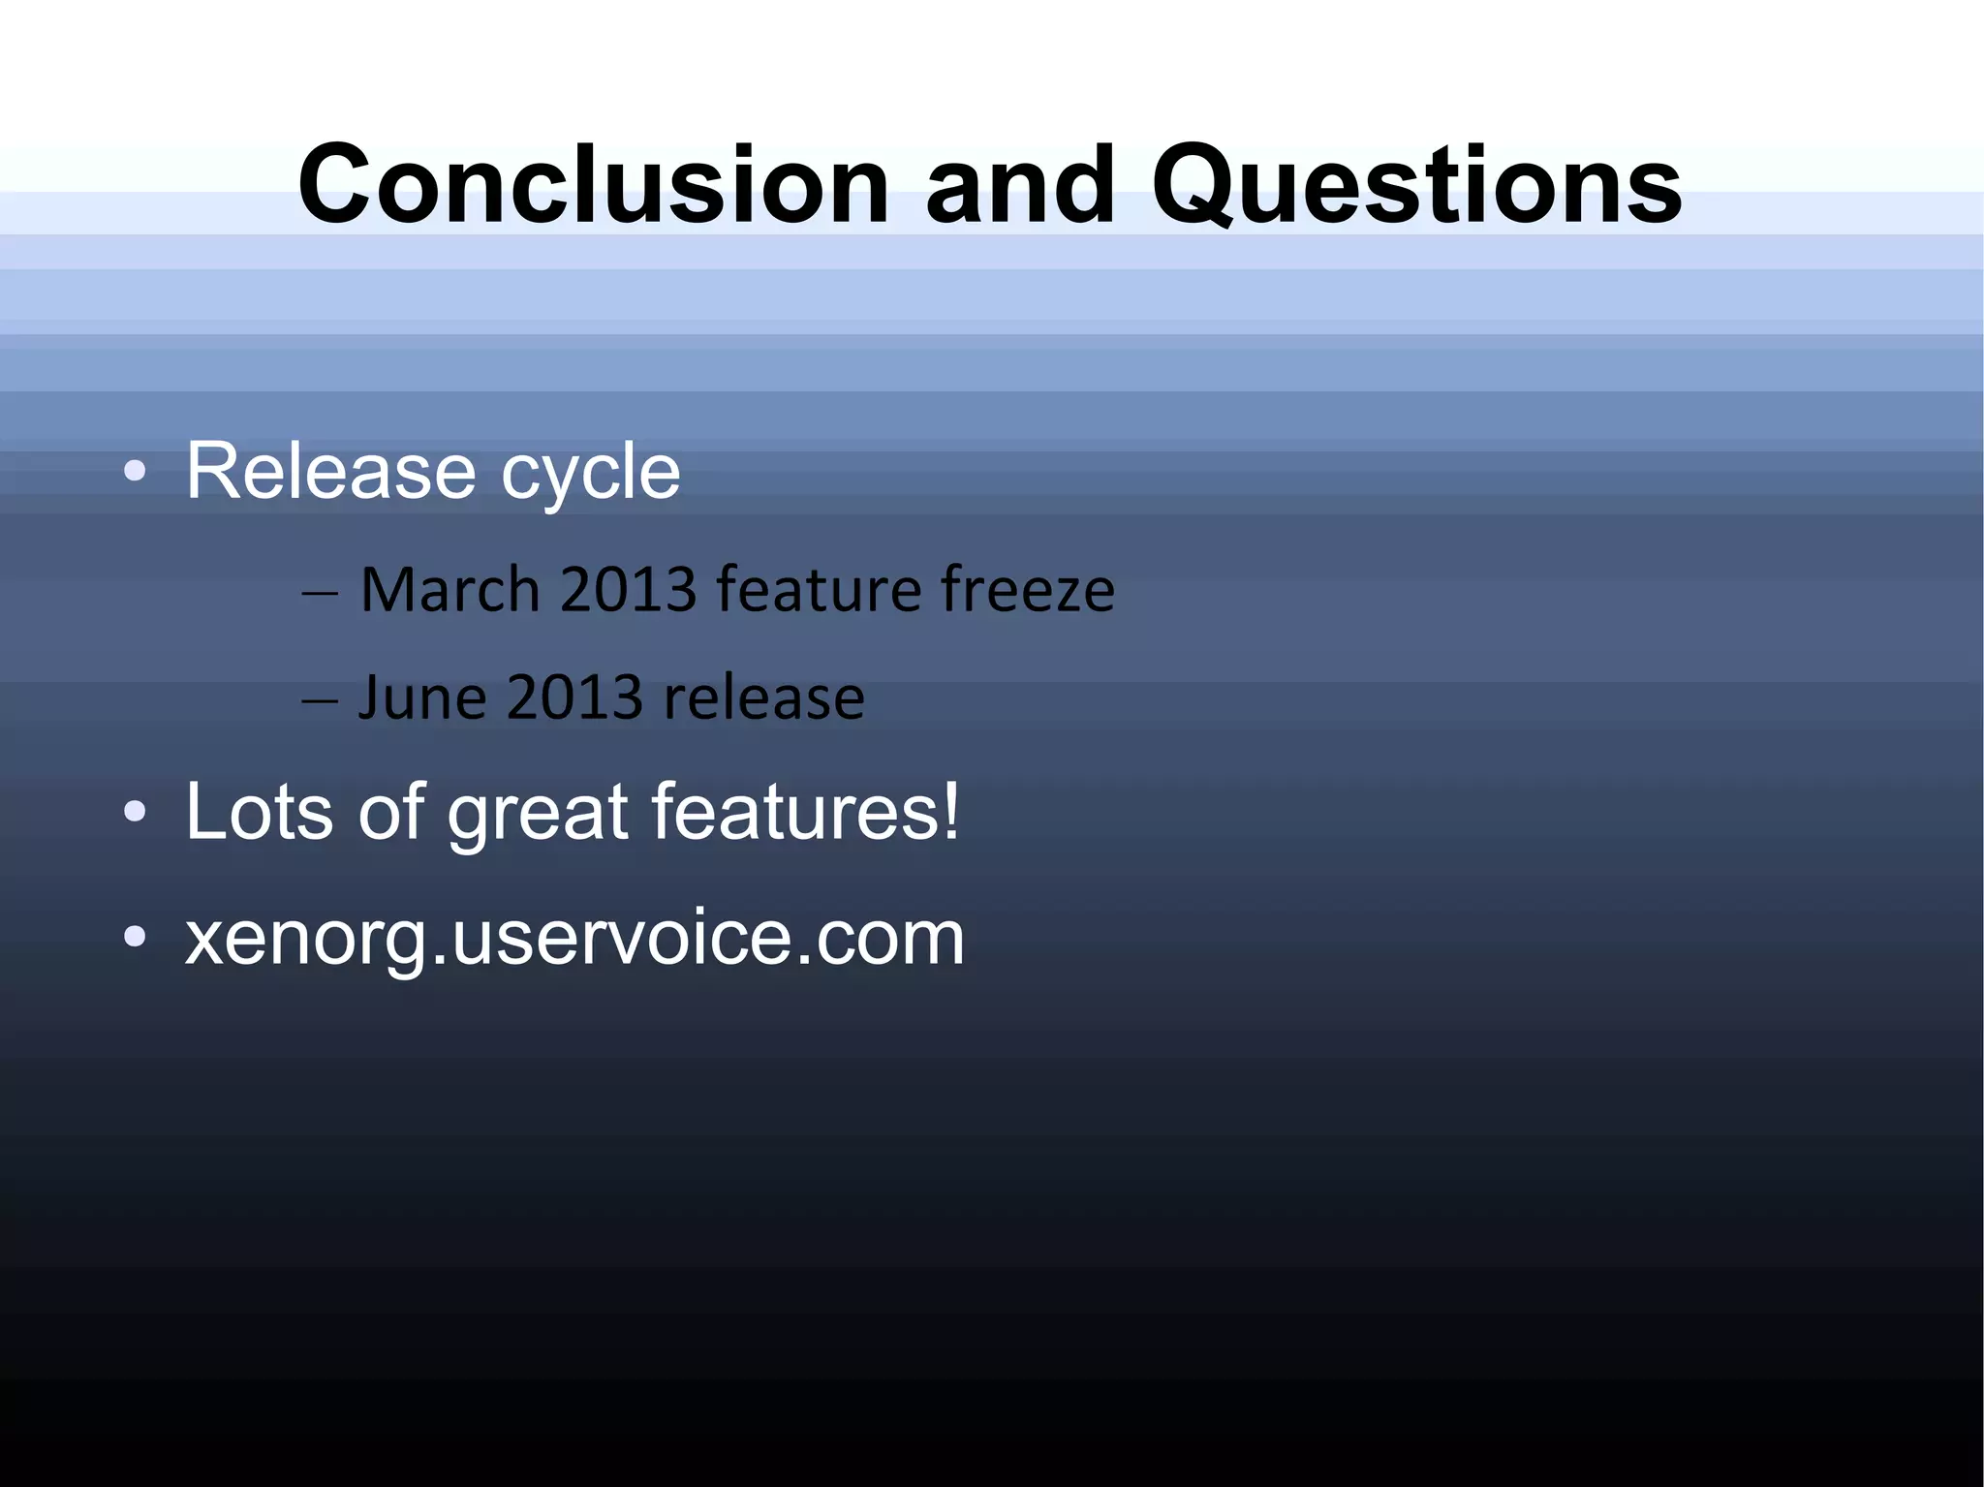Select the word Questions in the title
[1416, 186]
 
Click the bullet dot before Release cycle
[136, 473]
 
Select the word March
[449, 589]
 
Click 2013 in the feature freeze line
[629, 589]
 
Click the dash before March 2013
[320, 593]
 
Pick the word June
[422, 697]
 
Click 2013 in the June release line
[574, 697]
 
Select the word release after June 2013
[764, 698]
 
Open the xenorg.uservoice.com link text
[574, 939]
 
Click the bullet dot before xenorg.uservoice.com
[136, 937]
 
